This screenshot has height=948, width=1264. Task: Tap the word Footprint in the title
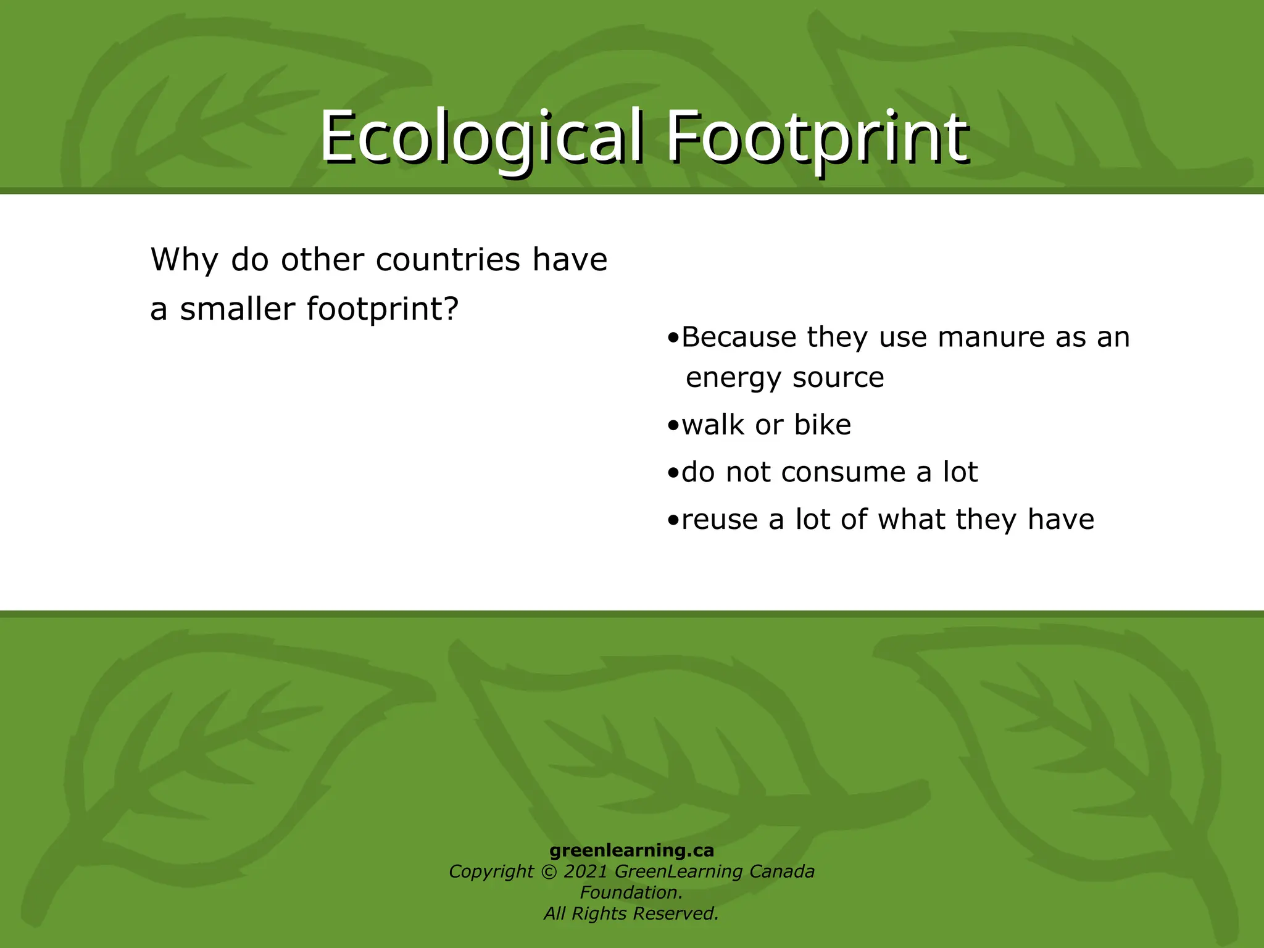816,137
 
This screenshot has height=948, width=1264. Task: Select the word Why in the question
184,259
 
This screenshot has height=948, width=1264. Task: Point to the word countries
448,259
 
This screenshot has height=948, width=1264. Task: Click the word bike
822,425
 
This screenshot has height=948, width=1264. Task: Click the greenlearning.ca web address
631,850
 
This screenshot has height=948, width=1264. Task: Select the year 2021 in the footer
586,871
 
